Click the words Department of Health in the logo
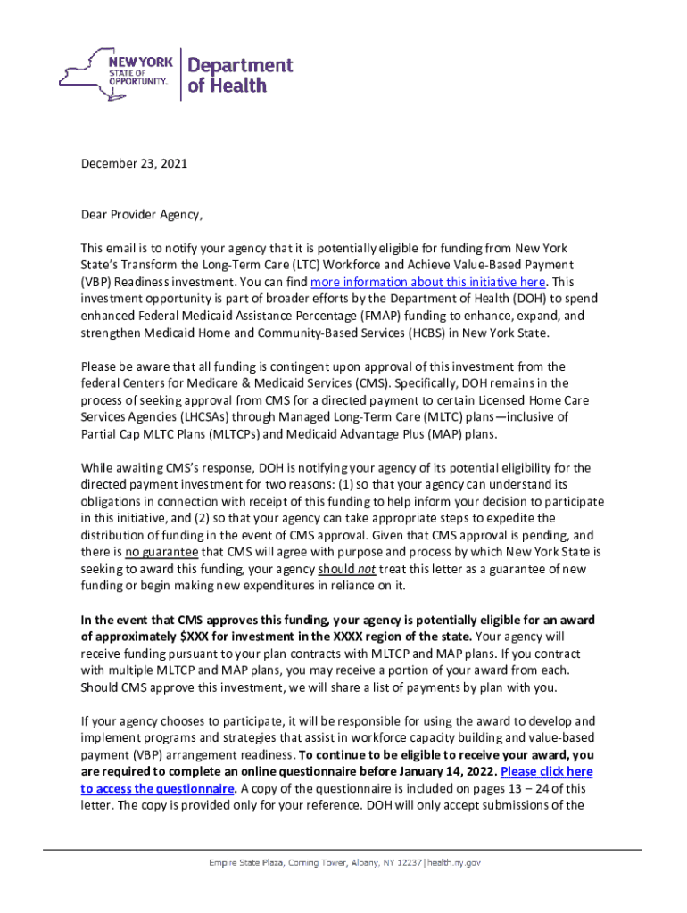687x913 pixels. click(x=239, y=75)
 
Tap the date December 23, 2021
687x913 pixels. click(x=134, y=164)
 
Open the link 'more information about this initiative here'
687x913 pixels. click(x=427, y=282)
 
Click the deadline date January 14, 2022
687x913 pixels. click(x=438, y=771)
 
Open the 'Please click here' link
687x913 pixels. click(x=546, y=771)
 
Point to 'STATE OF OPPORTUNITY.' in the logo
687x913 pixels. click(x=137, y=77)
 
